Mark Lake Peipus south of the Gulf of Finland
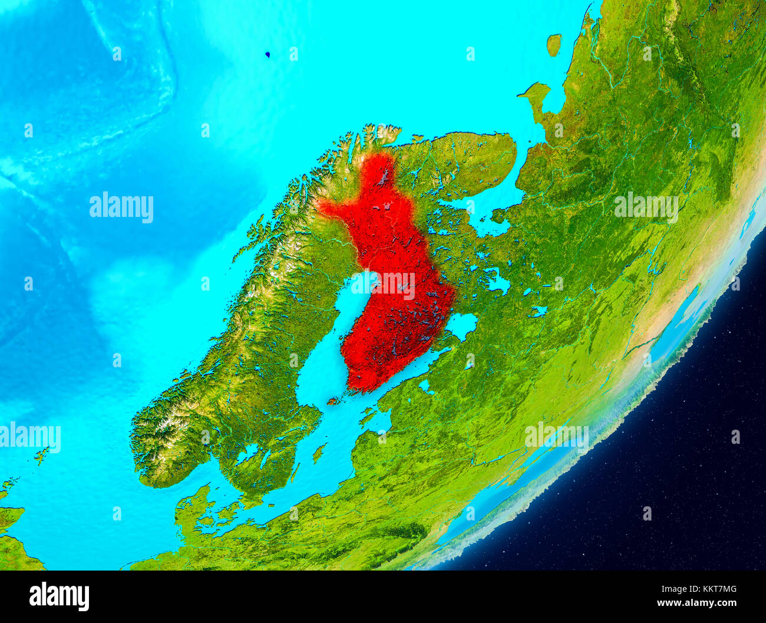coord(424,386)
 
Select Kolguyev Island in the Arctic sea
coord(553,44)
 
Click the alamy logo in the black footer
coord(59,596)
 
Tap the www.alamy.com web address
coord(697,603)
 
